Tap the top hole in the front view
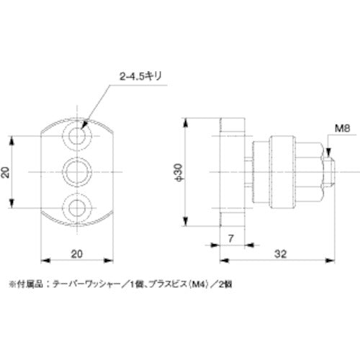coord(78,135)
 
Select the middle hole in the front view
coord(78,171)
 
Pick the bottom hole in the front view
coord(78,208)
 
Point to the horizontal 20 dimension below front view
coord(78,253)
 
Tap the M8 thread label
coord(342,130)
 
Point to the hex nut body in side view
coord(304,171)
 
